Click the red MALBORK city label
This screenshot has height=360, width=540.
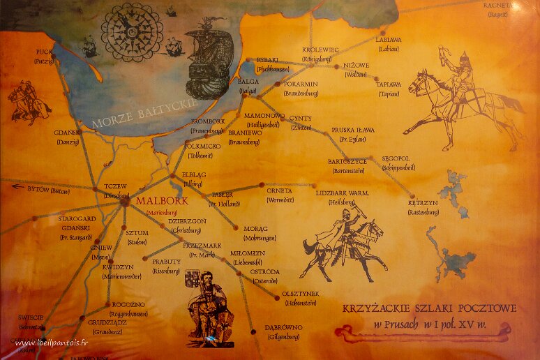coord(163,201)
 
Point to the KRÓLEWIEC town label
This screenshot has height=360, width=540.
coord(321,50)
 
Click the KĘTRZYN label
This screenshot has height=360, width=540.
coord(423,202)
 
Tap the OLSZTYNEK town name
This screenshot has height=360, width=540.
coord(300,294)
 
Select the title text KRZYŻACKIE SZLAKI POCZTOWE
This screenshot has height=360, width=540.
coord(430,308)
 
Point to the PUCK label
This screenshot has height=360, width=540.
coord(45,51)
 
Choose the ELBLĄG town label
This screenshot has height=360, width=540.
coord(193,176)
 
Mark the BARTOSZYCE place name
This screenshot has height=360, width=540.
coord(347,161)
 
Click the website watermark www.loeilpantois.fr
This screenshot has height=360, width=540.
coord(52,343)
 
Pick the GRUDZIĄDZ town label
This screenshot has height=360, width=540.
coord(107,322)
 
